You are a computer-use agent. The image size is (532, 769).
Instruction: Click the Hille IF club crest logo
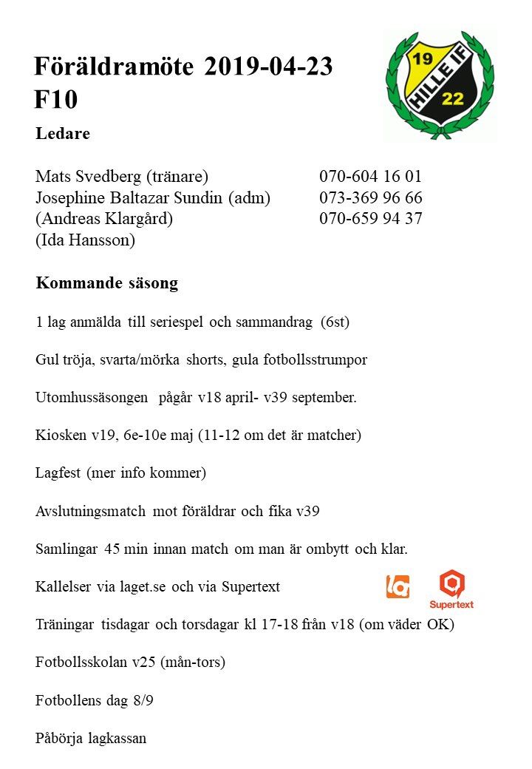pyautogui.click(x=440, y=84)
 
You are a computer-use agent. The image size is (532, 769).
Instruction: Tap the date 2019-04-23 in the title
pyautogui.click(x=268, y=67)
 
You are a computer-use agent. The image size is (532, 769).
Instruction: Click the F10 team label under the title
pyautogui.click(x=55, y=100)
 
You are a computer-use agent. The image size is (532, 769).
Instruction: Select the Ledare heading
pyautogui.click(x=63, y=134)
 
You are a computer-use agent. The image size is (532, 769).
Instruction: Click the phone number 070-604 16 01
pyautogui.click(x=370, y=177)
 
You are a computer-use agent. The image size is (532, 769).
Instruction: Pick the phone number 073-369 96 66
pyautogui.click(x=370, y=198)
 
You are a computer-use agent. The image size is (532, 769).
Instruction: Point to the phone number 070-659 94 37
pyautogui.click(x=370, y=219)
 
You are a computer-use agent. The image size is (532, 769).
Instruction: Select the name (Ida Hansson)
pyautogui.click(x=85, y=240)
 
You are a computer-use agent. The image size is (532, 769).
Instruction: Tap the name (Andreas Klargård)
pyautogui.click(x=104, y=219)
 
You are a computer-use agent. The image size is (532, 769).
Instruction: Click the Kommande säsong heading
pyautogui.click(x=106, y=283)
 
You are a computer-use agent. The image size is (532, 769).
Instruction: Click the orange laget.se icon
pyautogui.click(x=398, y=586)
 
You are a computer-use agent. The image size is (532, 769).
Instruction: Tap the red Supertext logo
pyautogui.click(x=451, y=589)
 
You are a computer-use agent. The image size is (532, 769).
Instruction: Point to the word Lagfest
pyautogui.click(x=58, y=472)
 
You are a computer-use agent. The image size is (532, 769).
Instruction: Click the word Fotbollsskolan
pyautogui.click(x=78, y=662)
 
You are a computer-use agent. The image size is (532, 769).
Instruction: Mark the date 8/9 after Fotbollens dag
pyautogui.click(x=143, y=700)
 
